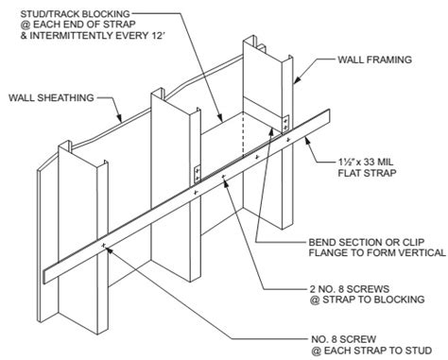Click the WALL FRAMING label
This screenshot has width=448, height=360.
click(374, 60)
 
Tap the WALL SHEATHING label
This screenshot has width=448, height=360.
click(51, 97)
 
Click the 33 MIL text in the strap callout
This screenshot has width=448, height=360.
click(378, 162)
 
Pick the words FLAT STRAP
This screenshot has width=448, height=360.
click(367, 173)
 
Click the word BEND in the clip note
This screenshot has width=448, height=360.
click(321, 242)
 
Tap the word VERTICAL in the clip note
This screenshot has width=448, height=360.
click(420, 252)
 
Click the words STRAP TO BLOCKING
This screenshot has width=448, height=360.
click(373, 300)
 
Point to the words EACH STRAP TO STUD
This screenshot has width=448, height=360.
click(378, 351)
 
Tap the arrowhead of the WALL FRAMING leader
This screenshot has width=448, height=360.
click(297, 80)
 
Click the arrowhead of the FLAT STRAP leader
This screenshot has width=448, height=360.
click(308, 141)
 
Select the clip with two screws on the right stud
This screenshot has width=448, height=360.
click(285, 124)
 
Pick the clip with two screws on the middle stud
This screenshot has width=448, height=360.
click(198, 174)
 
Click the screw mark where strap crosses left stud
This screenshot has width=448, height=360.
click(103, 245)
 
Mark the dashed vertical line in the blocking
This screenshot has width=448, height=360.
click(243, 134)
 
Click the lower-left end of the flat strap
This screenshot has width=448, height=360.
click(43, 277)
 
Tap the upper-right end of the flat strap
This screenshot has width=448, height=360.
click(329, 117)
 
